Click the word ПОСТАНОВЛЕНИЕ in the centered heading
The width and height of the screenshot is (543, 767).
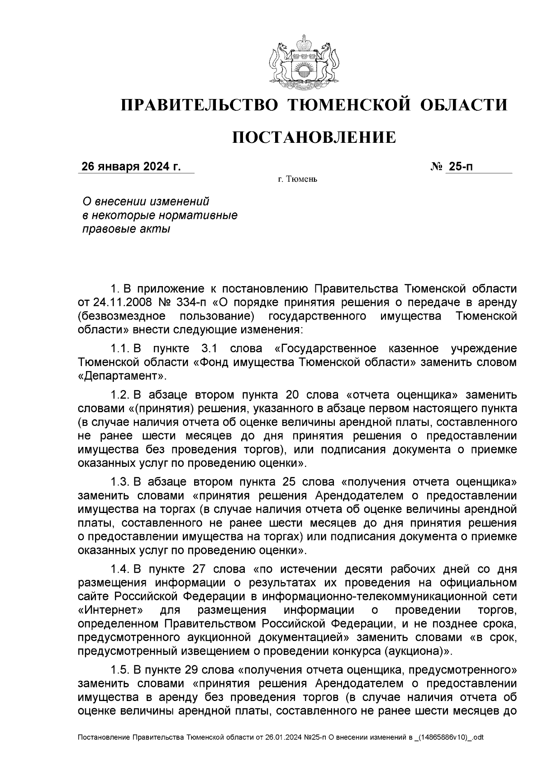(314, 137)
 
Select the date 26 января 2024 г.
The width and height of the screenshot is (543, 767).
(131, 167)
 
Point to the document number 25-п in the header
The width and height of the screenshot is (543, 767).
(460, 167)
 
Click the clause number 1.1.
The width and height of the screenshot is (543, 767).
(120, 349)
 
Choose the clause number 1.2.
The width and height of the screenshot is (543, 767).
(120, 395)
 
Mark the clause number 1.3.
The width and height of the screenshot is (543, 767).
(120, 481)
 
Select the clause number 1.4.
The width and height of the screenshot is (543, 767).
(120, 569)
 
